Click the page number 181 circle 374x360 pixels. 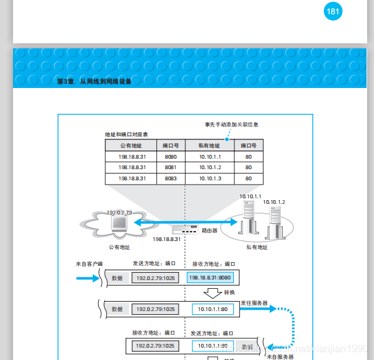click(333, 11)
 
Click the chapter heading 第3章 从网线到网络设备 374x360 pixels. click(94, 82)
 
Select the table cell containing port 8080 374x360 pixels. click(171, 157)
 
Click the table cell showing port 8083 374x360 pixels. click(171, 178)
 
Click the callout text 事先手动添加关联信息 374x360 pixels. click(231, 125)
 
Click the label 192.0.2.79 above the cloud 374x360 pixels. click(118, 211)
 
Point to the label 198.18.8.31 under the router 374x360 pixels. click(167, 239)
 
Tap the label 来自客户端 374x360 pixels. click(88, 264)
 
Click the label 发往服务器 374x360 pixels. click(254, 303)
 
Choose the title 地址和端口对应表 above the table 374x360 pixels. click(126, 134)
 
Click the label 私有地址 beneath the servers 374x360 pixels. click(257, 247)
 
